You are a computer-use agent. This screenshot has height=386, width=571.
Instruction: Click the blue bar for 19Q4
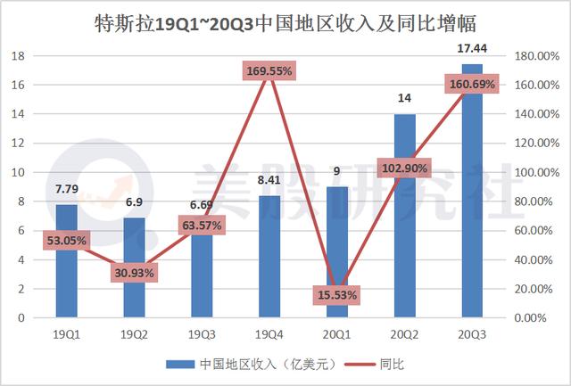coord(269,267)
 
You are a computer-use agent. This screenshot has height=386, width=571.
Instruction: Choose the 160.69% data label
coord(471,85)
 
